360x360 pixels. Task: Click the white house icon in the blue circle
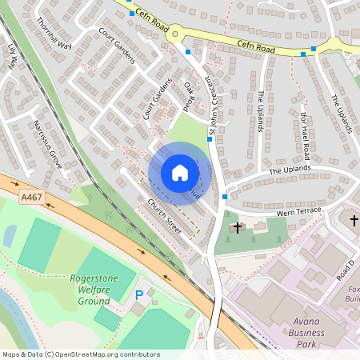[x=179, y=172]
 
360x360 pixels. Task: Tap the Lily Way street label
[x=12, y=58]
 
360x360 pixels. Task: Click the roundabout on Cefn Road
[x=174, y=33]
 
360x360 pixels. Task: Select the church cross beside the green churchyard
[x=237, y=227]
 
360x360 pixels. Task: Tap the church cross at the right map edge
[x=354, y=219]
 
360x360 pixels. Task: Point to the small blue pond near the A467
[x=10, y=235]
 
